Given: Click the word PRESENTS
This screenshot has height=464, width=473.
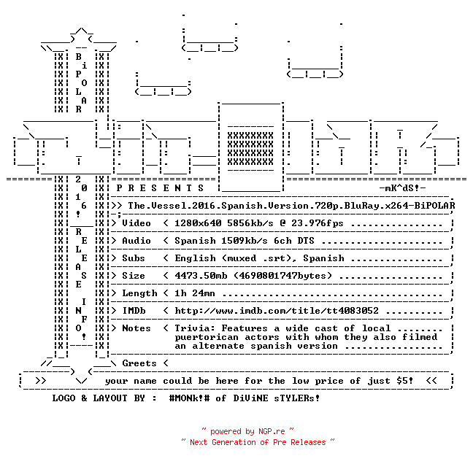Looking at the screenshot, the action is pos(160,188).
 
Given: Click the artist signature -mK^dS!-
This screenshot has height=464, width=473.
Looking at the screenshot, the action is pos(402,188).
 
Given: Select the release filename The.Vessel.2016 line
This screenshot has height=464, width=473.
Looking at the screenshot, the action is pos(291,206).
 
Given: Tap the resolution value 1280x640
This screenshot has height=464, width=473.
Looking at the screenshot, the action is pos(198,223).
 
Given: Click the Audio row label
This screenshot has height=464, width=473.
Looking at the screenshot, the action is pos(136,241).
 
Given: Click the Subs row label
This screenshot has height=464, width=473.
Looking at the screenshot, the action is pos(134,258).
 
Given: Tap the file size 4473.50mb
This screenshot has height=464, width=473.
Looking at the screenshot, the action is pos(201,276).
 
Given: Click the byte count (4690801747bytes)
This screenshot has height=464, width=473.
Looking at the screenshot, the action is pos(282,276).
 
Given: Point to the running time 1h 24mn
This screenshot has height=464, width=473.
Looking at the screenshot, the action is pos(195,293).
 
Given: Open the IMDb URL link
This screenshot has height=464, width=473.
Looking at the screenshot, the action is pos(277,311).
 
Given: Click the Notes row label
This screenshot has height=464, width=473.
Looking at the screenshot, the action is pos(136,328).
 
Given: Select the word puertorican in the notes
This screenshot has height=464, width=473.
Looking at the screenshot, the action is pos(207,337).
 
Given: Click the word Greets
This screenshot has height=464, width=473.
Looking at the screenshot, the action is pos(139,363).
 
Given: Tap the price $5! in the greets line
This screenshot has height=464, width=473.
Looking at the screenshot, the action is pos(405,381).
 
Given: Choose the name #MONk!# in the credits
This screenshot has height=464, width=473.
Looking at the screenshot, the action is pos(189,398).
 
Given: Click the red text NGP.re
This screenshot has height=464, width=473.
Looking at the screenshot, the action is pos(272,431).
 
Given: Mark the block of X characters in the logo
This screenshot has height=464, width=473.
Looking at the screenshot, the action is pos(250,148).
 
